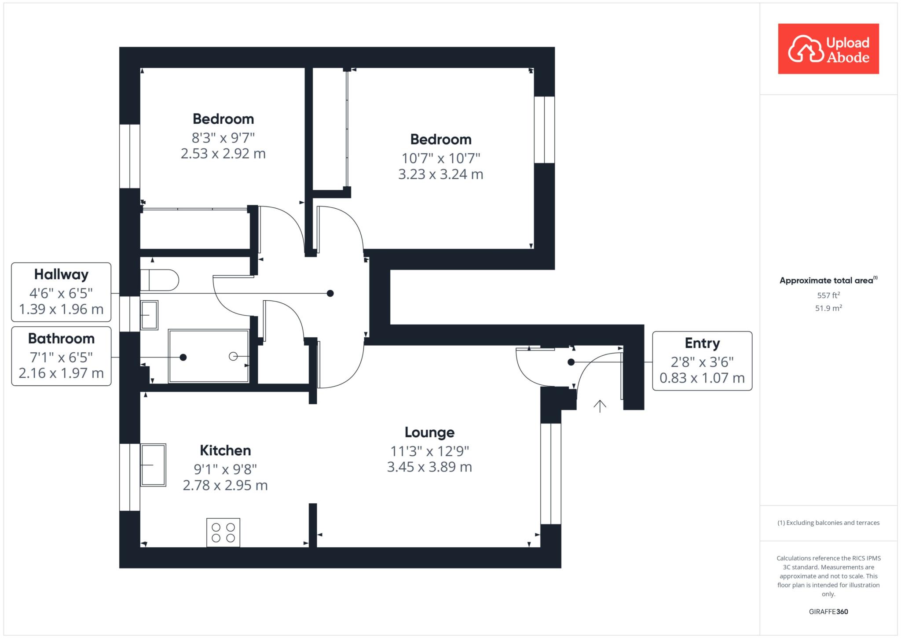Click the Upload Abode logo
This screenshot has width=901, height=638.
[828, 48]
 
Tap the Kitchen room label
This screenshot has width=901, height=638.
[225, 450]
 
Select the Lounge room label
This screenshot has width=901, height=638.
[429, 432]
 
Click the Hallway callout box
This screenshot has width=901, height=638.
[61, 292]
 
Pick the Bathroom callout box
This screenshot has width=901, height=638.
[61, 356]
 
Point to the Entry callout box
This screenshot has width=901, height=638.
[702, 361]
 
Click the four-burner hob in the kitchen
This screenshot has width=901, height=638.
[223, 532]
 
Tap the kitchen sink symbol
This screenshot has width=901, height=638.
[153, 465]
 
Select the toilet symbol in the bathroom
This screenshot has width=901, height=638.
[159, 280]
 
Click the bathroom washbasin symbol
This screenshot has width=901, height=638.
[149, 315]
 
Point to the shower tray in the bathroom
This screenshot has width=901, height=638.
[209, 356]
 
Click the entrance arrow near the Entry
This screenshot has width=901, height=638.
[600, 406]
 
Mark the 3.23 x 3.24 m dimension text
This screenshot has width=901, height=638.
[440, 174]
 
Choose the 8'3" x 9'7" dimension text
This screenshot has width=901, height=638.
[223, 138]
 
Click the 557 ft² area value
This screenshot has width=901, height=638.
[828, 295]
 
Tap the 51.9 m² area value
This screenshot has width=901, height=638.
[828, 308]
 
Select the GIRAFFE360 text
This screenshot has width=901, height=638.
[828, 612]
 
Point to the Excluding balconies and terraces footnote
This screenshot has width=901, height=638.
[828, 523]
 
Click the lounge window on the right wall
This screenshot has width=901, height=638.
[551, 474]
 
